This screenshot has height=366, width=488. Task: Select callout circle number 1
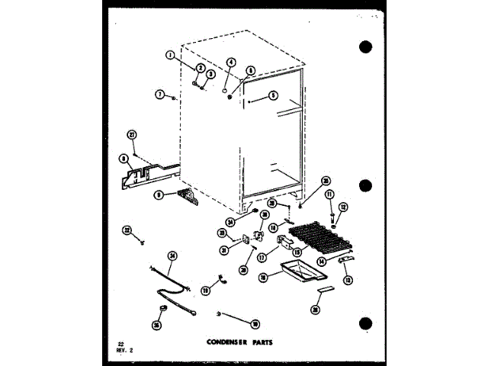tap(170, 54)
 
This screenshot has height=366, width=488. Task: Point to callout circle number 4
tap(231, 63)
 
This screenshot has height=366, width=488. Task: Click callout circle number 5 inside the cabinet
tap(274, 98)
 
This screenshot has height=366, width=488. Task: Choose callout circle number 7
tap(159, 95)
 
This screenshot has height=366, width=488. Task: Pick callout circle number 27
tap(132, 135)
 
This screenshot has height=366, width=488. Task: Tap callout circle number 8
tap(124, 159)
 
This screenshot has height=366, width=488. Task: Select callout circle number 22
tap(127, 230)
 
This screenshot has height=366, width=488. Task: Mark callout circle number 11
tap(330, 195)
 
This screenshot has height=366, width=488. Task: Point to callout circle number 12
tap(343, 207)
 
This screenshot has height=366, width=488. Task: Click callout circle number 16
tap(284, 280)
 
